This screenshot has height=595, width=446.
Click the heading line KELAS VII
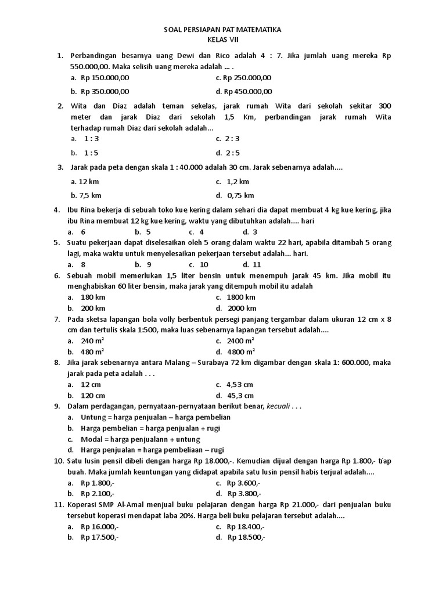tap(223, 40)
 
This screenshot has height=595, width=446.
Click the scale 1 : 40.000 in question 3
tap(185, 167)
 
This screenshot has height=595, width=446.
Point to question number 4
tap(57, 210)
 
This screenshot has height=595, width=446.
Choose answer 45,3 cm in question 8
tap(240, 395)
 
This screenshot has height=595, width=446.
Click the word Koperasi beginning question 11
tap(85, 505)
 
